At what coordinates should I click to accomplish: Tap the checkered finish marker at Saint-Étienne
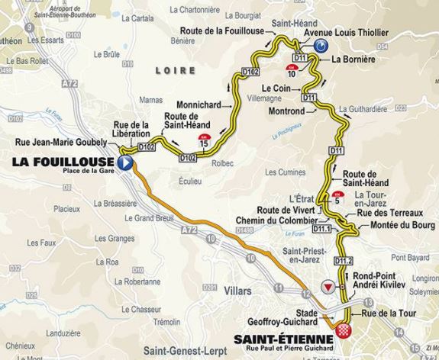[x=345, y=333]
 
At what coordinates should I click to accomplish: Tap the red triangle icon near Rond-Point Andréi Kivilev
[x=328, y=286]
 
